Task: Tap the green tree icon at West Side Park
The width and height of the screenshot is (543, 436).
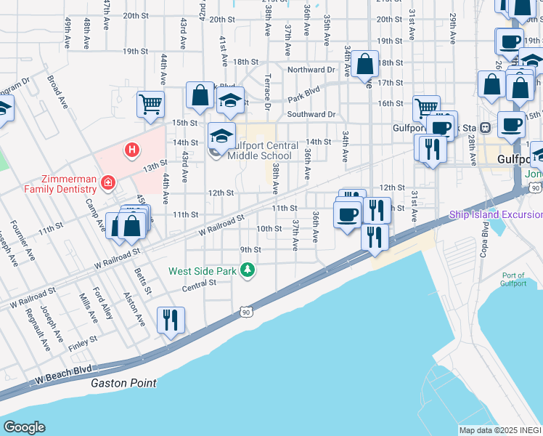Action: coord(248,270)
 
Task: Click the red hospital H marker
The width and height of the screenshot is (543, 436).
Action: coord(131,150)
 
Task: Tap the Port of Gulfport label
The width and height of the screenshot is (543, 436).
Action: coord(513,279)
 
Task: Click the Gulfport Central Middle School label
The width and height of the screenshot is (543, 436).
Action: coord(259,150)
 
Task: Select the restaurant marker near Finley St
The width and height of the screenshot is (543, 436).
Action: coord(171,320)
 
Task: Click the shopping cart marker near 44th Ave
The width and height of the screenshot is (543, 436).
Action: coord(150,104)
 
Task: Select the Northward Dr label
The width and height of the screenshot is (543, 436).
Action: coord(311,70)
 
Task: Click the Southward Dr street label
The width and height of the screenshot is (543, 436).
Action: coord(311,114)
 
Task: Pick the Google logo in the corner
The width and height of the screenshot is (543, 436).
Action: coord(24,427)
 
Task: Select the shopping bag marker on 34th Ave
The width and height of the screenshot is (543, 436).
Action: coord(366,63)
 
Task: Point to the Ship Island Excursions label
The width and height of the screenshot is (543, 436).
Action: coord(495,214)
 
